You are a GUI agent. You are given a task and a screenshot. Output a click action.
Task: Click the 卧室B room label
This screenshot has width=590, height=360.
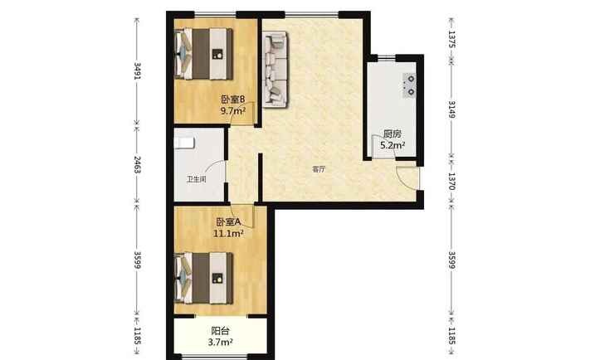click(x=232, y=100)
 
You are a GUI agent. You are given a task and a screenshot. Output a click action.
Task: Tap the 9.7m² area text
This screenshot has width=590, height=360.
click(x=233, y=110)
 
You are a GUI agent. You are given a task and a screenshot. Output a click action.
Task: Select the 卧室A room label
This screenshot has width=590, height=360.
click(x=228, y=222)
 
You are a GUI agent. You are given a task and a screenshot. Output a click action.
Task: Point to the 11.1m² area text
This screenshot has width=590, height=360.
click(x=228, y=234)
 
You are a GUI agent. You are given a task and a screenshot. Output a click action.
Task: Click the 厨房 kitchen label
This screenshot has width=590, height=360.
click(x=392, y=134)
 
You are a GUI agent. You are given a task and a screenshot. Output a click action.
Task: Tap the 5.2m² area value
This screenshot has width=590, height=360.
click(x=393, y=145)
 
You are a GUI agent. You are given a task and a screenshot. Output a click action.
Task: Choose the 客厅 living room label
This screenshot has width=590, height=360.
click(x=319, y=169)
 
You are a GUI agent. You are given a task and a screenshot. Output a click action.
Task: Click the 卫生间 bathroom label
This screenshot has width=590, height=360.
click(x=197, y=179)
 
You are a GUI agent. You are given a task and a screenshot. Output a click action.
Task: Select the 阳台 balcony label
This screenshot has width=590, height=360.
click(x=220, y=331)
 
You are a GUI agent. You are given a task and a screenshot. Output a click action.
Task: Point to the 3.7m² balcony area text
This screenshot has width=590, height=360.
click(x=220, y=343)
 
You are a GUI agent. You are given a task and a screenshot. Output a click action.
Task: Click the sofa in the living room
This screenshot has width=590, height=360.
click(x=275, y=69)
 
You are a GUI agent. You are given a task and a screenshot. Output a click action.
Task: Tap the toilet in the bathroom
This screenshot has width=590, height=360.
click(x=184, y=143)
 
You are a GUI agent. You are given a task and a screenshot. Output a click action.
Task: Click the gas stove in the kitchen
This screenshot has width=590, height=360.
click(x=409, y=85)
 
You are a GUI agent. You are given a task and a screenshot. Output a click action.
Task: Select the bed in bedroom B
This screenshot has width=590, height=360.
click(x=203, y=54)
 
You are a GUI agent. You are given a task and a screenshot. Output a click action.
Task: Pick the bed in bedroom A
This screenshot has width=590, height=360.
click(x=203, y=278)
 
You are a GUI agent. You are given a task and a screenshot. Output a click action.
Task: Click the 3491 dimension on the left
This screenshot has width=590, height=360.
click(x=138, y=71)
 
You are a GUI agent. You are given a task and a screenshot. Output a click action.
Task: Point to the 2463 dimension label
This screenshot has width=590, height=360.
click(x=138, y=164)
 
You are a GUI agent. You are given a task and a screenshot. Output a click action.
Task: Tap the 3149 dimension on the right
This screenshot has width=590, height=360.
click(x=452, y=109)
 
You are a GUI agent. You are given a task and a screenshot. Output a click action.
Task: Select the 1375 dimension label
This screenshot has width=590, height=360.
click(x=452, y=39)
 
